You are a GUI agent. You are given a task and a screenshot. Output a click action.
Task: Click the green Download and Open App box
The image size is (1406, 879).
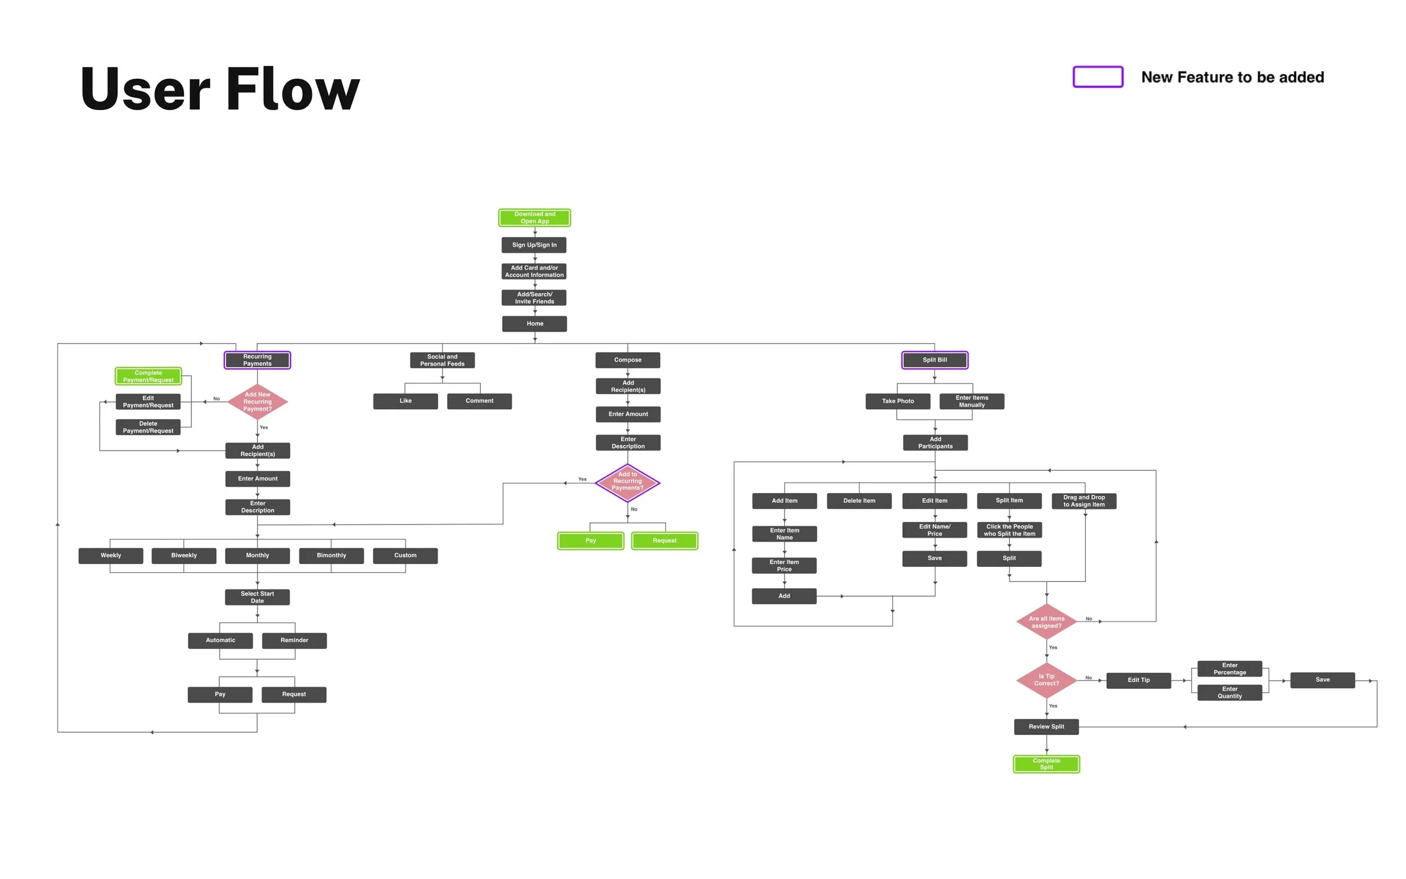pos(534,218)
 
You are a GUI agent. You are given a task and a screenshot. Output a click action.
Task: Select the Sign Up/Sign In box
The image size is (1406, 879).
pos(534,245)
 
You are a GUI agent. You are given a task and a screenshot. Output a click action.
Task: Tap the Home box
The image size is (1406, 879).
pos(534,323)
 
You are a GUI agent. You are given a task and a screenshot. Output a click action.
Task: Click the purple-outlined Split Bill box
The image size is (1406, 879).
pos(934,360)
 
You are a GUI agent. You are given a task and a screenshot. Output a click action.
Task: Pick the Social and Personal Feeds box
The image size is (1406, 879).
pos(441,360)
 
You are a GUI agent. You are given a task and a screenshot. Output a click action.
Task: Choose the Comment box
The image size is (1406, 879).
pos(479,400)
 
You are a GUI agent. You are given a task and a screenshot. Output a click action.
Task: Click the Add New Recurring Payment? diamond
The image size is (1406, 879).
pos(257,401)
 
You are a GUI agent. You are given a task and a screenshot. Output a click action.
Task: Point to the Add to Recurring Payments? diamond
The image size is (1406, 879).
pos(627,481)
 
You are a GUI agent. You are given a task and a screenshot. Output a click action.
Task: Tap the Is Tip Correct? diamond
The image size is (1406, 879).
pos(1046,679)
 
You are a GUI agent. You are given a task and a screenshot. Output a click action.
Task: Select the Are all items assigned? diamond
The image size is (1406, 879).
pos(1046,621)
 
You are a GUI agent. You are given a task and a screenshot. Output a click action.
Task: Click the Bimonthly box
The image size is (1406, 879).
pos(331,555)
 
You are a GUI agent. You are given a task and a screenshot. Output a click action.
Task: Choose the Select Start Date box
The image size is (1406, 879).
pos(257,597)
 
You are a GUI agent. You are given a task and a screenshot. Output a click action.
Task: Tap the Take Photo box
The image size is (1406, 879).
pos(898,400)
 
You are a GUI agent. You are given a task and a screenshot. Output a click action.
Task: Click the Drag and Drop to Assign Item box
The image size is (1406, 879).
pos(1083,501)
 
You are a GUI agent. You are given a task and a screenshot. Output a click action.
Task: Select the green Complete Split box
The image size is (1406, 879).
pos(1046,764)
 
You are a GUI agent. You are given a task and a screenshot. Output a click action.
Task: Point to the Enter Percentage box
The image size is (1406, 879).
pos(1229,669)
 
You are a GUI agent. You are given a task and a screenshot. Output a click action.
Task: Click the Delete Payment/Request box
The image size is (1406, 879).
pos(148,427)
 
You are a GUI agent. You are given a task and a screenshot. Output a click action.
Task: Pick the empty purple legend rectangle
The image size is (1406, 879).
pos(1097,76)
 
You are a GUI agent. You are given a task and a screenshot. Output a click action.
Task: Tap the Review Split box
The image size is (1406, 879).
pos(1046,726)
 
